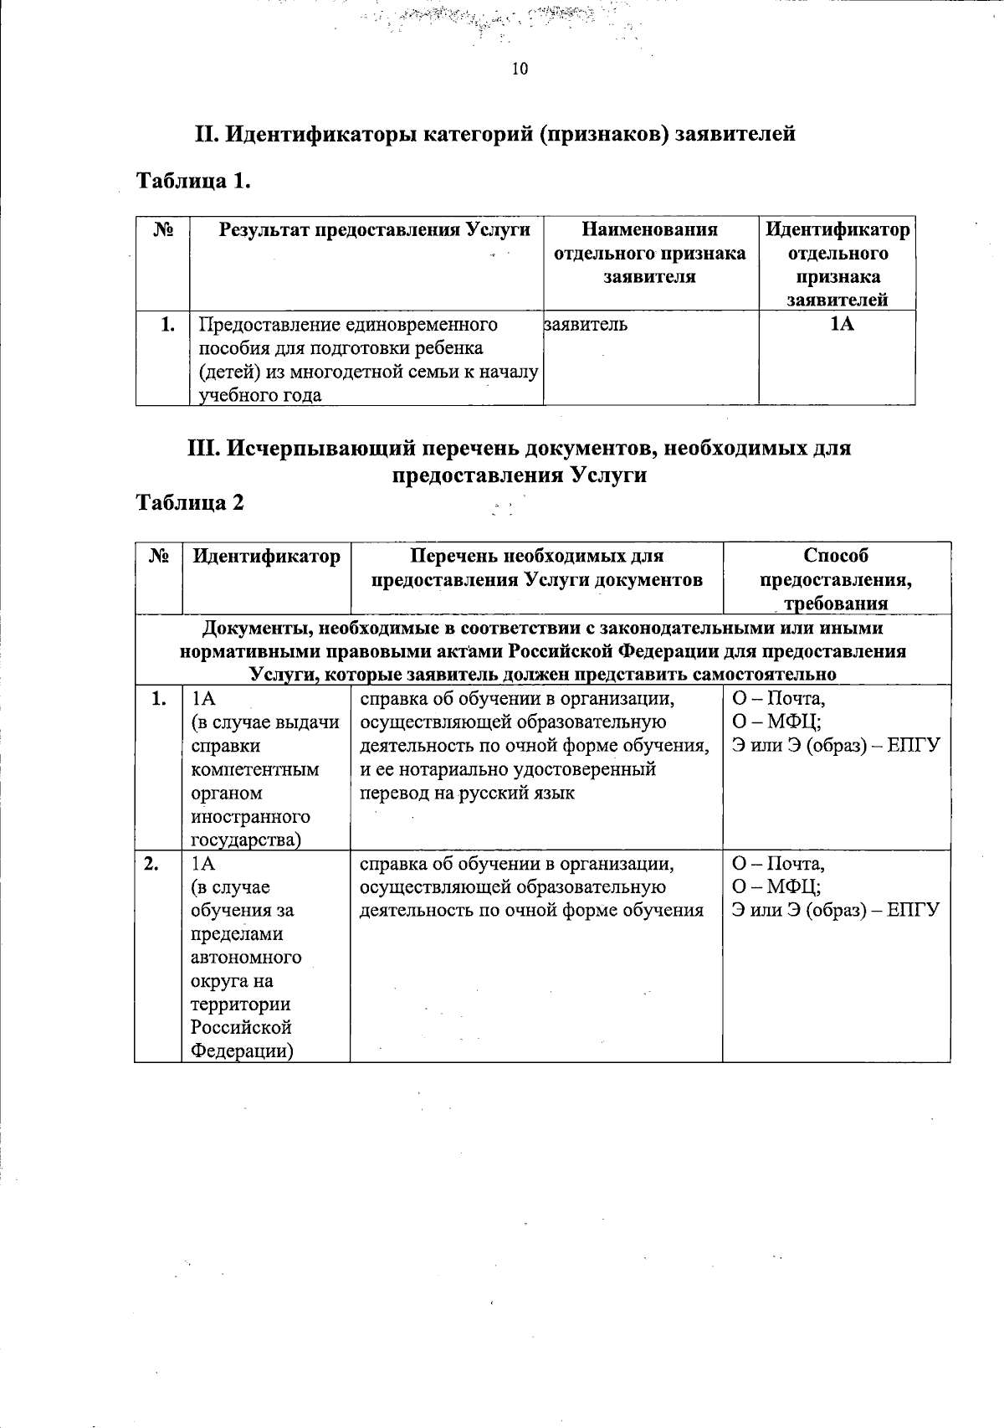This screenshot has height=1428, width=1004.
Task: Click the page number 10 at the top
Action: (520, 69)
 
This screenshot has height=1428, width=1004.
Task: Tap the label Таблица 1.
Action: (193, 181)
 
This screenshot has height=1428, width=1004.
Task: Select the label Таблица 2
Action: (191, 502)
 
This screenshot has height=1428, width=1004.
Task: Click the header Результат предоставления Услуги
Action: (375, 230)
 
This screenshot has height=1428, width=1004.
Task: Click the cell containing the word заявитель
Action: (586, 325)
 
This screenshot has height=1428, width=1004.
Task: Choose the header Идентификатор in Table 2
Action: (266, 556)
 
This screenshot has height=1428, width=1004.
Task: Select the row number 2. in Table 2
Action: (151, 864)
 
